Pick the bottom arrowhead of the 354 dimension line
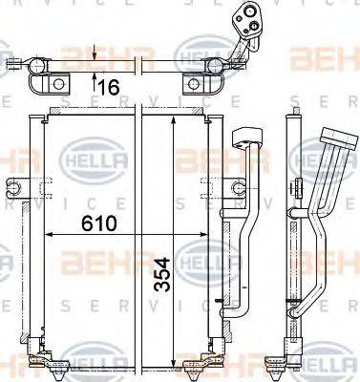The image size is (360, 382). pos(173,365)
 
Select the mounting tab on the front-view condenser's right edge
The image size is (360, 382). pos(210,183)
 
